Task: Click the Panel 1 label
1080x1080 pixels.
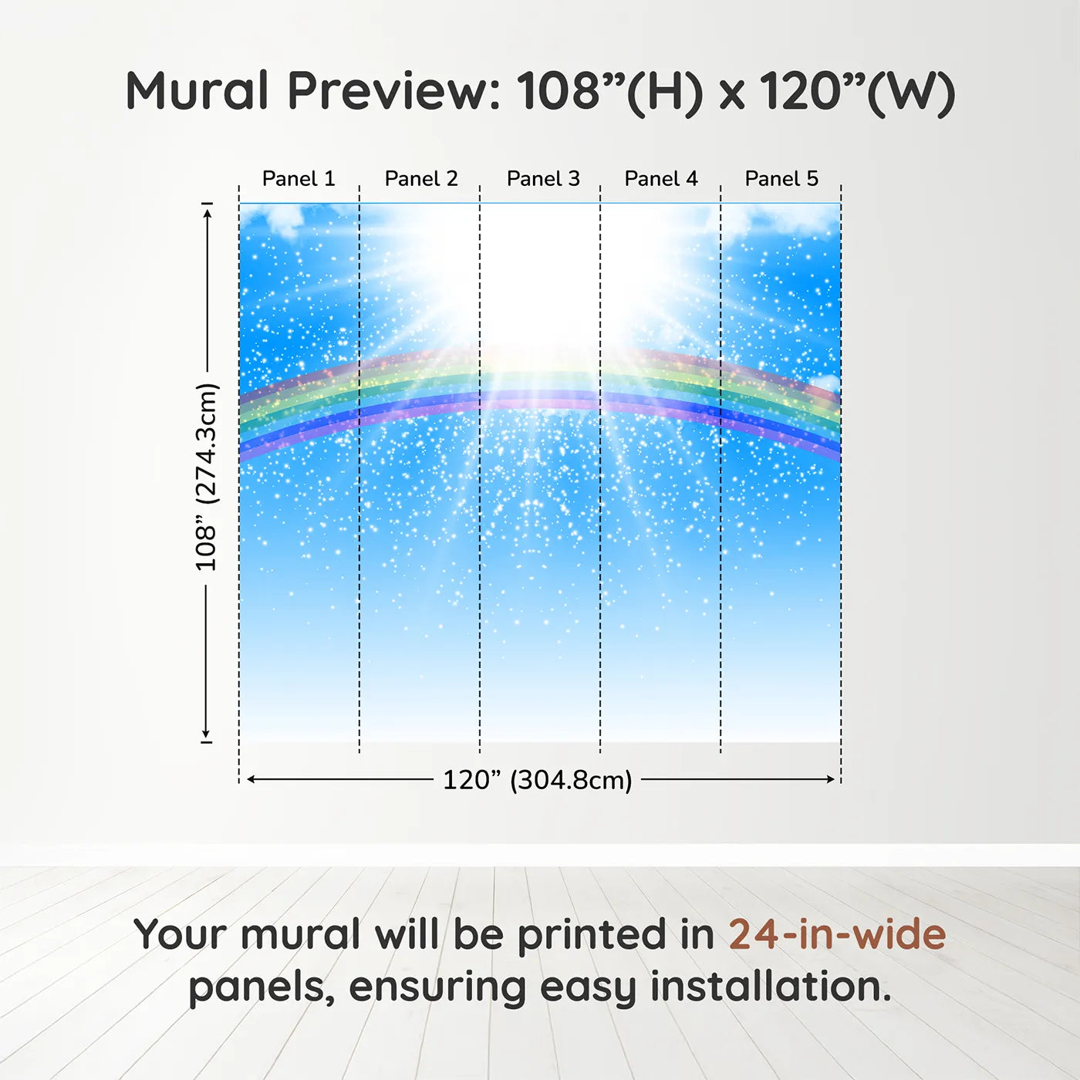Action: (x=299, y=179)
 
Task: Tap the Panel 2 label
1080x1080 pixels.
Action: (x=421, y=179)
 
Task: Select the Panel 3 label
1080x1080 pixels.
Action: (x=543, y=179)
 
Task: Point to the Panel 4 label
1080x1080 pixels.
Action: (x=661, y=179)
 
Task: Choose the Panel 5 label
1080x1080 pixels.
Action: (x=781, y=179)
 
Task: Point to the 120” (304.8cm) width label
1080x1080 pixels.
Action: (x=538, y=780)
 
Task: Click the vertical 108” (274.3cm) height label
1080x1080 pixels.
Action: (x=206, y=477)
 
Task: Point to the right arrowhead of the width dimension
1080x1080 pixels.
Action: (x=831, y=779)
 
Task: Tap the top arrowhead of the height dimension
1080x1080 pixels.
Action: (x=208, y=214)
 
